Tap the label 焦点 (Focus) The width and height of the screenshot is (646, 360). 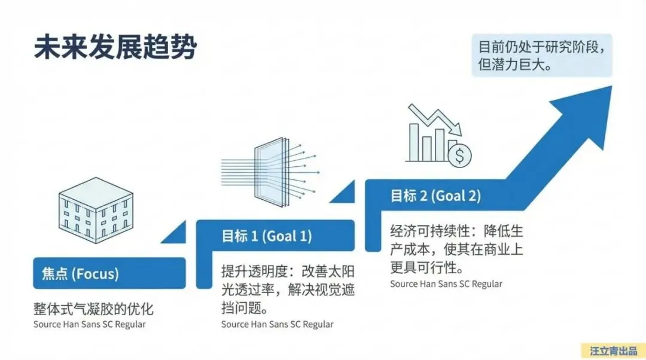click(x=80, y=274)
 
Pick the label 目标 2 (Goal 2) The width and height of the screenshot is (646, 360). click(x=435, y=196)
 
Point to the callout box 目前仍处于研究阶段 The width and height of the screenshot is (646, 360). click(x=541, y=54)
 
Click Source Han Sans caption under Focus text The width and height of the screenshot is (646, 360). click(x=90, y=325)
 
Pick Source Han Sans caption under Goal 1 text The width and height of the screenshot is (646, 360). click(x=277, y=325)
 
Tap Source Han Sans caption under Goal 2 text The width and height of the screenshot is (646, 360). click(x=446, y=284)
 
